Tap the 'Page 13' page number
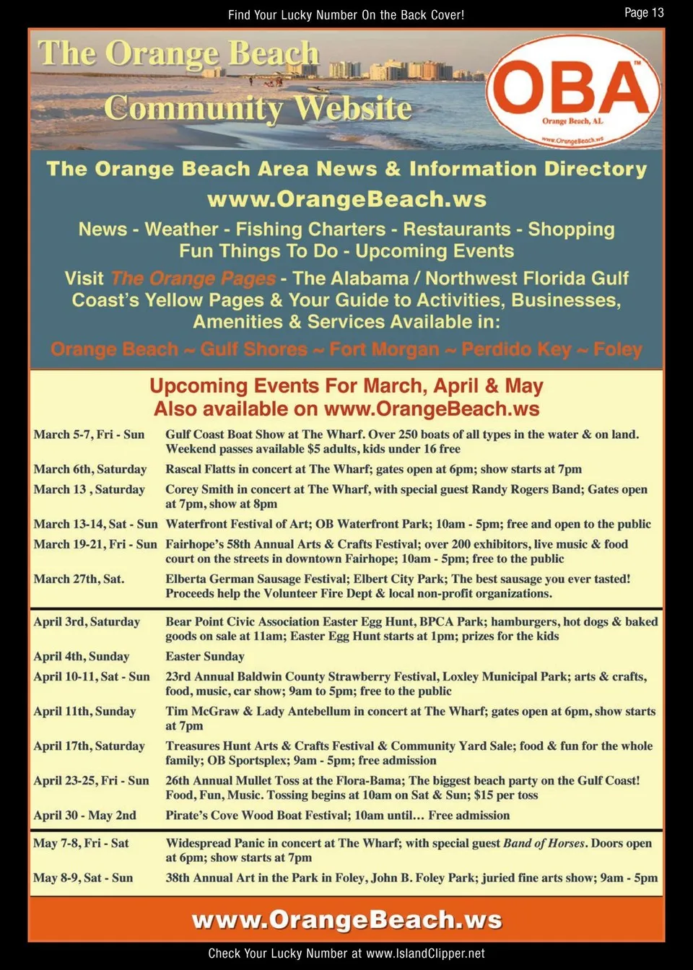coord(644,12)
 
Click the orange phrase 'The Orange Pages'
coord(193,279)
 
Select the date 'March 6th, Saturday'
coord(90,469)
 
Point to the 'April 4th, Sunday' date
coord(82,656)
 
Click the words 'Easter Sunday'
coord(205,656)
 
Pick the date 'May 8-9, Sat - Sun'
coord(83,878)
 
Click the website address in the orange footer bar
coord(346,920)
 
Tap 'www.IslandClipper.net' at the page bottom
coord(425,953)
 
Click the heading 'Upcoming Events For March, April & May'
coord(346,386)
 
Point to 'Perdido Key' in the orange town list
coord(516,350)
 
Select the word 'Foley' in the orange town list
coord(618,350)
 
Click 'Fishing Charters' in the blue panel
coord(310,230)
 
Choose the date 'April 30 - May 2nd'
coord(84,815)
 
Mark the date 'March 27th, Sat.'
coord(79,579)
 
